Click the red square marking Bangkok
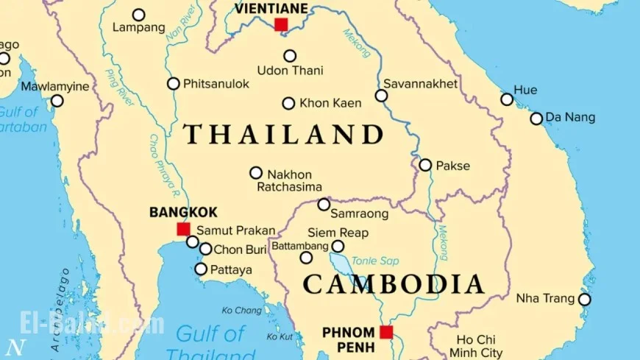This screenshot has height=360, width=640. (x=183, y=229)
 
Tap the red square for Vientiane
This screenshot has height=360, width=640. (x=281, y=25)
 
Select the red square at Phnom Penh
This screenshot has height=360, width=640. (x=386, y=332)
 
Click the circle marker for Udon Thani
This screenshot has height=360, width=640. (x=290, y=56)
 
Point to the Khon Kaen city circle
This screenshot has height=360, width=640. (x=289, y=104)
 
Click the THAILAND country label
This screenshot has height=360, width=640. (x=284, y=135)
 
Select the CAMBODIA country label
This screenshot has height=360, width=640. (x=394, y=284)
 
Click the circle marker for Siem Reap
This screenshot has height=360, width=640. (x=338, y=247)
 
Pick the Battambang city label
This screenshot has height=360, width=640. (x=300, y=245)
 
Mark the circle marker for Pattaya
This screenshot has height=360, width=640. (x=201, y=269)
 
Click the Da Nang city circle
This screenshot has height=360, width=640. (x=536, y=119)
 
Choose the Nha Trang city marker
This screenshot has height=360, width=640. (x=585, y=300)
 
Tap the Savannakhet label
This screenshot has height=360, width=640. (x=420, y=84)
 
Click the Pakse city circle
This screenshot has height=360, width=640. (x=425, y=165)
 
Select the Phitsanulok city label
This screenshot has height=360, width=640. (x=216, y=84)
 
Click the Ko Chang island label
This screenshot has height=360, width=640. (x=241, y=310)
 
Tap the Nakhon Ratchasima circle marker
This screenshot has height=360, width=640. (x=256, y=173)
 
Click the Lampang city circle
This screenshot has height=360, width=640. (x=138, y=15)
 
